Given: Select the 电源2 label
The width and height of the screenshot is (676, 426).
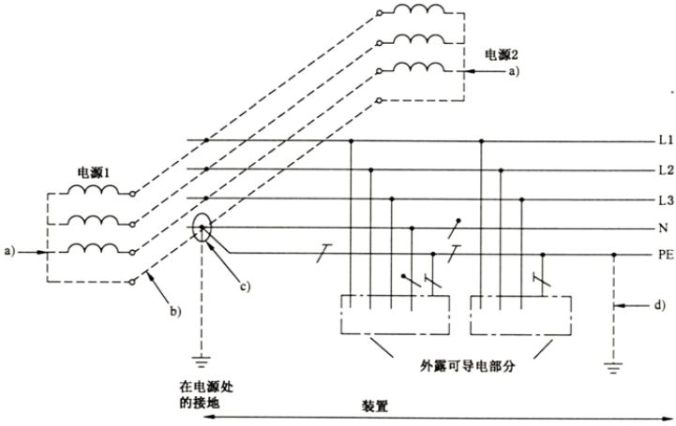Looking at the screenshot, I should point(498,52).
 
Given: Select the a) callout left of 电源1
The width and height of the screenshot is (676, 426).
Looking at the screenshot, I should point(11,250).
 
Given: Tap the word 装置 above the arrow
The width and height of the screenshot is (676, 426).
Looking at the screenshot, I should point(378,409).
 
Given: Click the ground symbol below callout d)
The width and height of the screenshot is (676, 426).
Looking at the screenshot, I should point(614,367).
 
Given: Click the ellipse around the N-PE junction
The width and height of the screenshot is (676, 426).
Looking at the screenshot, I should point(207,229).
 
